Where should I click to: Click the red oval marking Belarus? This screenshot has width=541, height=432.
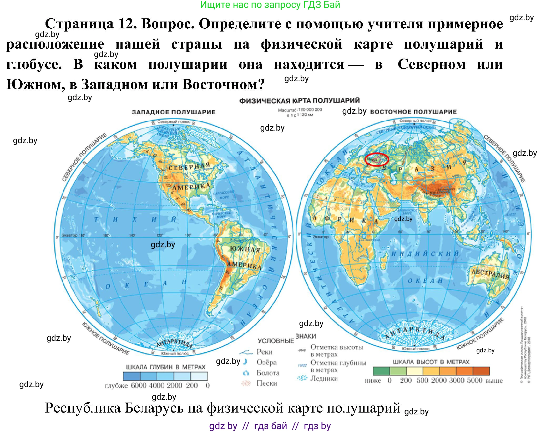377,159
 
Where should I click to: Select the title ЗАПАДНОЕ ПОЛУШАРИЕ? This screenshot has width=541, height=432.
174,112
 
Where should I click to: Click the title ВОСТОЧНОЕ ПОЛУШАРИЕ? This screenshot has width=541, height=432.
413,112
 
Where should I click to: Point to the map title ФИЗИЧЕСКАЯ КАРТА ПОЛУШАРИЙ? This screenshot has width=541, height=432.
299,101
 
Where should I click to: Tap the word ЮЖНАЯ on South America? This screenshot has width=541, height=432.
245,249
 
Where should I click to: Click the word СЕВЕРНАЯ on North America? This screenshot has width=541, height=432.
189,167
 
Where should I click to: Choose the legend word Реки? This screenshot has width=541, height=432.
264,352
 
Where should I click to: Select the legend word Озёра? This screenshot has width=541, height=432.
266,362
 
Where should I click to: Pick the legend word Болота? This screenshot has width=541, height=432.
268,373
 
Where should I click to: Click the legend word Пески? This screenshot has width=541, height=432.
266,383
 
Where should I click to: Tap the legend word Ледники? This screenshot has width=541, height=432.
324,378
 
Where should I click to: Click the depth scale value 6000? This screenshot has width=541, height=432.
139,385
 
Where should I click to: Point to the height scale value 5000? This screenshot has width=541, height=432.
474,380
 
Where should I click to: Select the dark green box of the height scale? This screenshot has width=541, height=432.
381,371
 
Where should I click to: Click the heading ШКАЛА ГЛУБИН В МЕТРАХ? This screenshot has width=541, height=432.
166,367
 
